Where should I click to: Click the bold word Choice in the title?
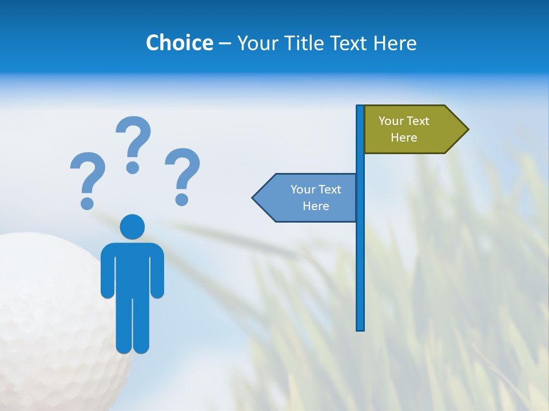[179, 43]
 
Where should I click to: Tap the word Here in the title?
[395, 43]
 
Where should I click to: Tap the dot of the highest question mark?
[133, 167]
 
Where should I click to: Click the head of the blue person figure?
[132, 227]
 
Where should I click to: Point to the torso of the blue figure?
[132, 268]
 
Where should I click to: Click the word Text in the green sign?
[417, 121]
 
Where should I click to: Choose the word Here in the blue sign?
[316, 206]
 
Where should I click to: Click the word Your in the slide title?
[257, 43]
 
